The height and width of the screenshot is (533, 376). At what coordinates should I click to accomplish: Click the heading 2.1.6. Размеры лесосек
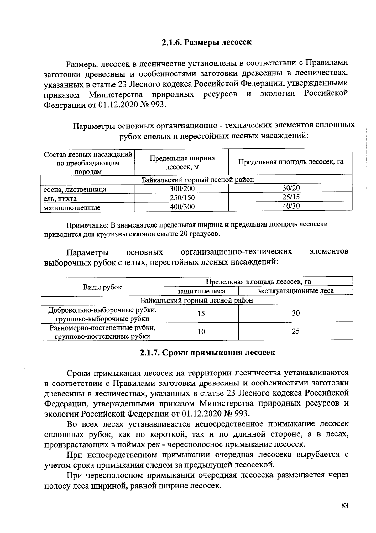coord(206,42)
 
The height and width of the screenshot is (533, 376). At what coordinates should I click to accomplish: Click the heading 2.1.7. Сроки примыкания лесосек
coord(207,352)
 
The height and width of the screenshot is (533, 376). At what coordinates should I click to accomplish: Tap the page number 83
coord(345,506)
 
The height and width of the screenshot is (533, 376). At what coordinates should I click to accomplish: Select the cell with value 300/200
coord(182,189)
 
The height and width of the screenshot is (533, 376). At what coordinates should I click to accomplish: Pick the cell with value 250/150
coord(182,198)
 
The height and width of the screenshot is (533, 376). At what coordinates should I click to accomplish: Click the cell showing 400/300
coord(182,207)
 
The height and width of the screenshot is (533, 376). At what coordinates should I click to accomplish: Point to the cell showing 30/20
coord(291,188)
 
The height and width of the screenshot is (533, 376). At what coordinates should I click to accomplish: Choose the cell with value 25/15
coord(291,197)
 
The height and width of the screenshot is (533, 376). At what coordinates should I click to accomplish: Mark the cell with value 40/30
coord(291,206)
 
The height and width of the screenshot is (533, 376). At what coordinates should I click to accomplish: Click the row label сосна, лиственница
coord(75,189)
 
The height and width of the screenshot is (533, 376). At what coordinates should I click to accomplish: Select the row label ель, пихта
coord(60,198)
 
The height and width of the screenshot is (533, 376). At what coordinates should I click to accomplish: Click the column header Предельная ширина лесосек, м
coord(182,162)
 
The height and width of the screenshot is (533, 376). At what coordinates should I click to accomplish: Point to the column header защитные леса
coord(201,291)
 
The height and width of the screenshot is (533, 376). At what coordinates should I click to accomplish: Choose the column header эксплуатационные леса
coord(295,291)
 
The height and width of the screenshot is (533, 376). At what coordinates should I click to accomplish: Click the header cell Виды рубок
coord(102,287)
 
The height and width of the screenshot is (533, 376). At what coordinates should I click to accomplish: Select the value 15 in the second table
coord(201,313)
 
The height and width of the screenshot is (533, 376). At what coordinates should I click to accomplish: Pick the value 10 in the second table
coord(201,331)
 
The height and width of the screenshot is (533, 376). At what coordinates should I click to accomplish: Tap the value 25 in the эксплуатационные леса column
coord(295,331)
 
